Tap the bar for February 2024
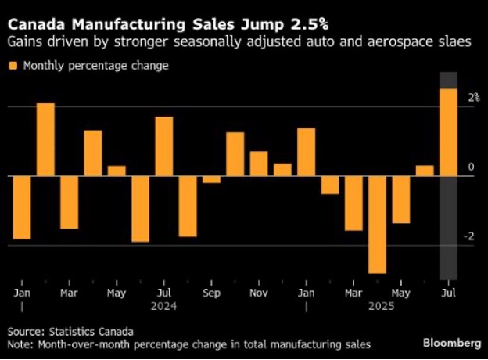click(x=45, y=139)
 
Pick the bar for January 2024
click(x=22, y=207)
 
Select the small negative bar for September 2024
click(x=211, y=179)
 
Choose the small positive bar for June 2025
click(x=425, y=170)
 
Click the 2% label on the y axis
click(x=473, y=98)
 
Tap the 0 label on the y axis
click(x=471, y=167)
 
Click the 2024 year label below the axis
click(x=163, y=307)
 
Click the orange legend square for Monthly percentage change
click(x=13, y=67)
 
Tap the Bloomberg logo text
click(x=452, y=343)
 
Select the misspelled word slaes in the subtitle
click(x=455, y=41)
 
